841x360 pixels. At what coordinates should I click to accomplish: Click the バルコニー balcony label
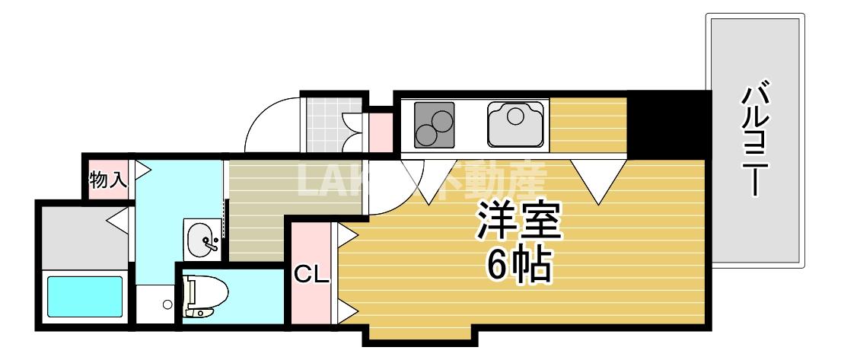coord(755,141)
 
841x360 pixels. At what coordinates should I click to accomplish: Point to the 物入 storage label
coord(108,181)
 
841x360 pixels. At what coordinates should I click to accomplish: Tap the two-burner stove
coord(434,125)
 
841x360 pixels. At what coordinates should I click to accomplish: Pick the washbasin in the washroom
coord(203,238)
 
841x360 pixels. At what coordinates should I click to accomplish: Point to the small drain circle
coord(167,306)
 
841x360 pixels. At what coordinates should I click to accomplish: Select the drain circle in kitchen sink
coord(515,116)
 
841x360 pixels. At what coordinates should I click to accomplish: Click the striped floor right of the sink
coord(588,123)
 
